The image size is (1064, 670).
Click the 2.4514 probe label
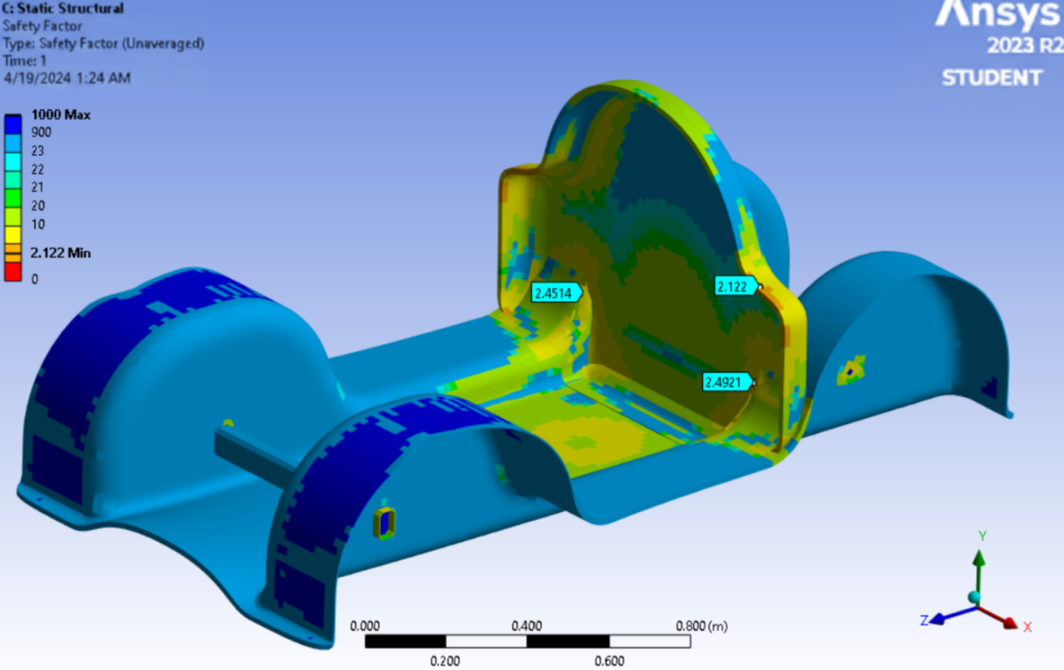(x=554, y=293)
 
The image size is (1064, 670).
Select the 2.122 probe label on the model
(x=734, y=287)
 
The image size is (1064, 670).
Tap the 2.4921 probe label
(x=724, y=383)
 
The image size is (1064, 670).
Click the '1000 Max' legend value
(x=60, y=115)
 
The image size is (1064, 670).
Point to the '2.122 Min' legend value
(x=60, y=253)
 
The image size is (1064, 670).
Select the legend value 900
(x=41, y=133)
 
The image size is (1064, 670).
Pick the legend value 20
(x=37, y=205)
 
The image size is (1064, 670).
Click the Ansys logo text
(x=998, y=15)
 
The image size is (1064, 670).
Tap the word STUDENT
(x=991, y=78)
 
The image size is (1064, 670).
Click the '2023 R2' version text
(x=1024, y=46)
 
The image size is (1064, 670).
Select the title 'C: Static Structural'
(x=63, y=8)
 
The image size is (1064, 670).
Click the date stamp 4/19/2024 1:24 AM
(x=67, y=78)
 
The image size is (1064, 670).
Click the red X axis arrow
(x=1006, y=620)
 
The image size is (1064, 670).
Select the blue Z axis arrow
(x=943, y=617)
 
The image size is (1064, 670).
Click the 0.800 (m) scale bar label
(x=701, y=626)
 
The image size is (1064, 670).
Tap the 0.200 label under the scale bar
(x=445, y=660)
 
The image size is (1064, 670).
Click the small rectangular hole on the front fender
(x=384, y=523)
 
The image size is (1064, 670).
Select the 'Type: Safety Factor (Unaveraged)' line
(x=103, y=43)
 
